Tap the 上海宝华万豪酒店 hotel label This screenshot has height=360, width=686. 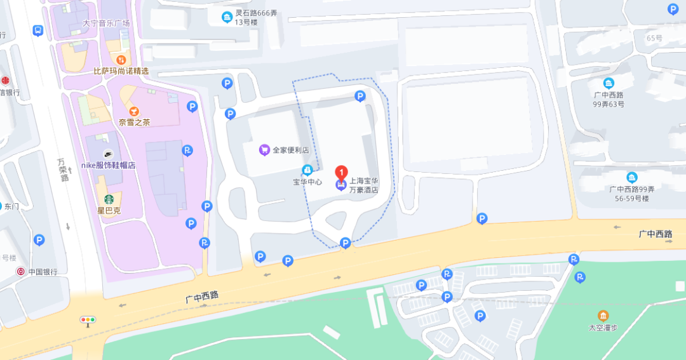coord(364,185)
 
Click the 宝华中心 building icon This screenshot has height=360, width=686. coord(307,170)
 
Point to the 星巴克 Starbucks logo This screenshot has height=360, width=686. coord(109,199)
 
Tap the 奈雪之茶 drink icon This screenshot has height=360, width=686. coord(134,111)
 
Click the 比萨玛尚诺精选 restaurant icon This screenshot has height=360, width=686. coord(121,60)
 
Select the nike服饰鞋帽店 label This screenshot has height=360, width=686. coord(109,165)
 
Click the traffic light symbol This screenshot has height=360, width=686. coord(88,319)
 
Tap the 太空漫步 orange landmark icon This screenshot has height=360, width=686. coord(603,316)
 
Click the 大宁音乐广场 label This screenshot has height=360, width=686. coord(106,23)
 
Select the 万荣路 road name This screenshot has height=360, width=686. coord(64,170)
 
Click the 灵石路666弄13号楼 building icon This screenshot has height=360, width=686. coord(227,17)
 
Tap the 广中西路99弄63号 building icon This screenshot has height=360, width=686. coord(609,83)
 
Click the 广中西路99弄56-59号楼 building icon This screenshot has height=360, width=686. coord(631,178)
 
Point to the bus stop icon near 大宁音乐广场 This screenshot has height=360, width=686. coord(38,30)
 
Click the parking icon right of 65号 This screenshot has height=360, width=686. coord(673,9)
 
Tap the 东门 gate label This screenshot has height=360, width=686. coord(11,206)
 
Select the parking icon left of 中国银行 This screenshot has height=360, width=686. coord(39,240)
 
